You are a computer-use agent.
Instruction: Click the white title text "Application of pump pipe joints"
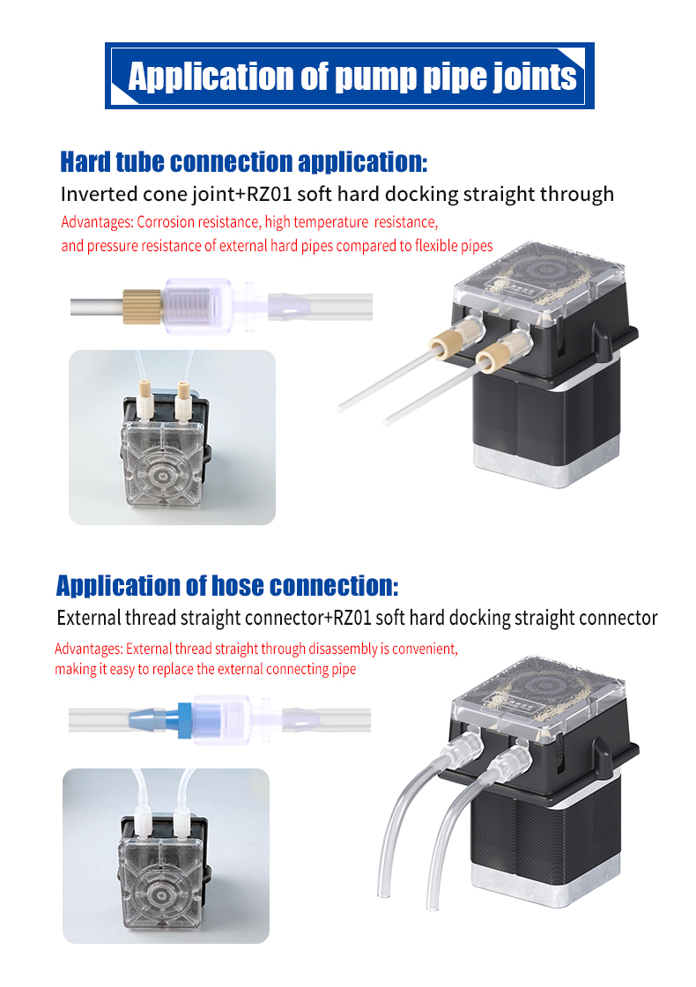coord(352,77)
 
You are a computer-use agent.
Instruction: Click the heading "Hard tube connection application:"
coord(243,162)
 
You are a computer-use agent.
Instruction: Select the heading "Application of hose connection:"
coord(227,585)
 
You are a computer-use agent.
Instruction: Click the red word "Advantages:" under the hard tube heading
coord(97,222)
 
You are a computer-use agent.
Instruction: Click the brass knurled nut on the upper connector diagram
coord(141,306)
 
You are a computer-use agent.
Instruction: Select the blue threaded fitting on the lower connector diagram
coord(183,718)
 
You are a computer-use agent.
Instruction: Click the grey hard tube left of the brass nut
coord(95,307)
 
